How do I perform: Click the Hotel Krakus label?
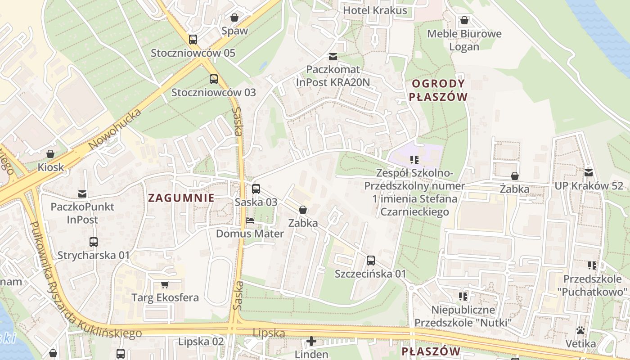375,10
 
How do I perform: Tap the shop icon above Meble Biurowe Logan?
464,21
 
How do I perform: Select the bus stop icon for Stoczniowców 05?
193,40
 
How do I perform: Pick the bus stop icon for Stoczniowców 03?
213,79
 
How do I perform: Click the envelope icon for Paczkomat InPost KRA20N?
333,57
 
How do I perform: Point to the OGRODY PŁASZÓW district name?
439,90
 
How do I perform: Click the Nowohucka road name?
115,129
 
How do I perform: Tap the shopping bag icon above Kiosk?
50,154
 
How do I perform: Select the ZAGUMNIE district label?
181,198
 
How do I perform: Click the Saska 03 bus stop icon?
256,189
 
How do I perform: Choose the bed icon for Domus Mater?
250,220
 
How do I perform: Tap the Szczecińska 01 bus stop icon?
370,261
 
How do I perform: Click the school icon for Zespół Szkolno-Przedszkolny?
414,160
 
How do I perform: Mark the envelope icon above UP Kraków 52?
588,173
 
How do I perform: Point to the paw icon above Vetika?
580,331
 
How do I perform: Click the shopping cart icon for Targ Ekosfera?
165,284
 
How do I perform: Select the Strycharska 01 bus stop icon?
93,242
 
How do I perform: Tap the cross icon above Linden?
311,341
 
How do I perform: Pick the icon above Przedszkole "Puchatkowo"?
592,265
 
